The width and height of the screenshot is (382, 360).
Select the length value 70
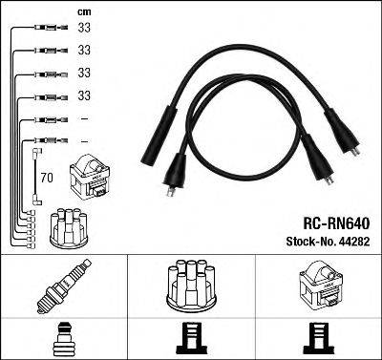tap(45, 177)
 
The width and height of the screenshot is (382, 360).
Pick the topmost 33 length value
tap(83, 29)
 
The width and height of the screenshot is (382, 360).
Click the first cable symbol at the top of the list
tap(43, 29)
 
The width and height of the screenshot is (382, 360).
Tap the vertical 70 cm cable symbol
tap(36, 177)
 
